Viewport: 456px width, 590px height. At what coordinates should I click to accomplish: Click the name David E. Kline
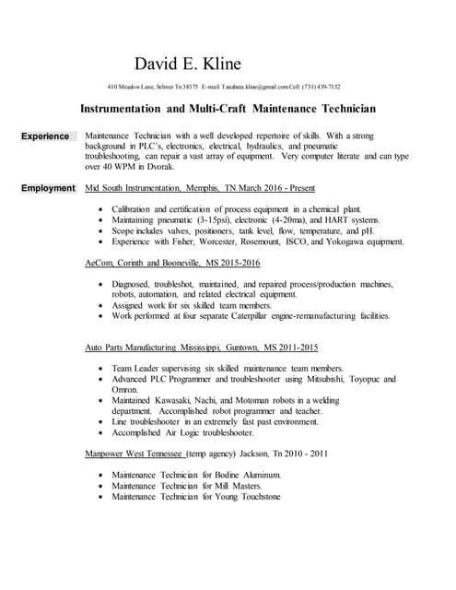coord(188,64)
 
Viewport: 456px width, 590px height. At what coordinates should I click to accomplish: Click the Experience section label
coord(45,136)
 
